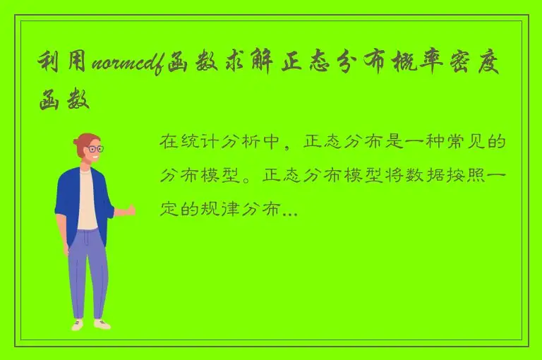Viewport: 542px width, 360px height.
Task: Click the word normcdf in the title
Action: (126, 66)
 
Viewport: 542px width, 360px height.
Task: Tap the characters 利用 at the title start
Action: (64, 66)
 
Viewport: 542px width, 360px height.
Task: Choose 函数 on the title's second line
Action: (64, 101)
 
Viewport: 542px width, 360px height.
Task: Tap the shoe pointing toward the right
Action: (102, 324)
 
